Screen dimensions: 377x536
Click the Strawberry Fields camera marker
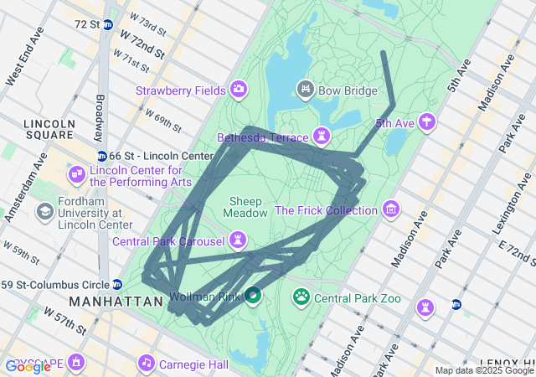click(239, 90)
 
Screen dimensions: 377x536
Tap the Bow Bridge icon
click(306, 88)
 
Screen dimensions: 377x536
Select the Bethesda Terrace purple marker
click(322, 136)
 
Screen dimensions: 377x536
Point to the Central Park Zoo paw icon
click(301, 297)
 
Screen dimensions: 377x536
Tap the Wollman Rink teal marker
click(251, 296)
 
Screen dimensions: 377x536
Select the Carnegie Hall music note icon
click(147, 364)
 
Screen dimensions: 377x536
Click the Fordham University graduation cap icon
click(44, 210)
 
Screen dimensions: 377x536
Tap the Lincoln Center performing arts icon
click(76, 174)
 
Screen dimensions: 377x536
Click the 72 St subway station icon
click(108, 24)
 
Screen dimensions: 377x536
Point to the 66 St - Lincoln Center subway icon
click(101, 156)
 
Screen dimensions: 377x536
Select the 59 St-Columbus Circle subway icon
click(117, 284)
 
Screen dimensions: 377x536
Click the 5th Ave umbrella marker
click(428, 122)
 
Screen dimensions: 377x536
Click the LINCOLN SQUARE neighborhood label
click(49, 129)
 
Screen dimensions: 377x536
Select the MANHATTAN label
click(116, 301)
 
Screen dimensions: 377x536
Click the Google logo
click(27, 366)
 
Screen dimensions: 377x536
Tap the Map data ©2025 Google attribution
click(484, 370)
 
